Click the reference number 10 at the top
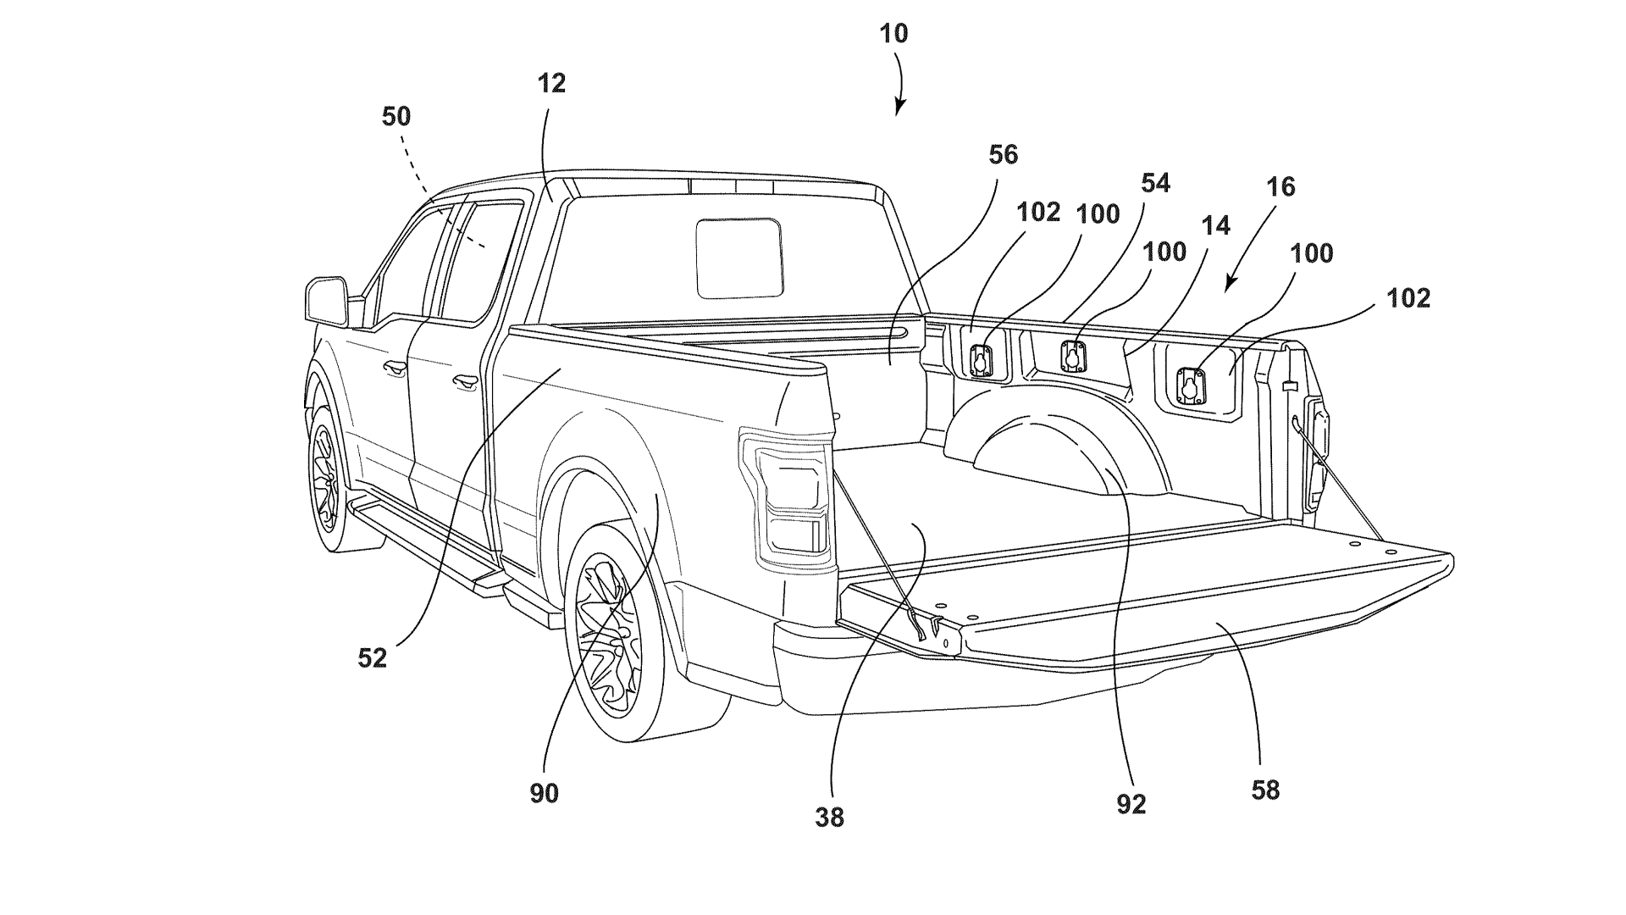pos(893,34)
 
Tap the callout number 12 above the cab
pos(550,83)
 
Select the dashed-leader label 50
pos(395,116)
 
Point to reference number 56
pos(1003,154)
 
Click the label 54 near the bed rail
pos(1155,183)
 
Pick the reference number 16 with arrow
pos(1280,186)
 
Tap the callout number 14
pos(1216,225)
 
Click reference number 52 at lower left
pos(372,657)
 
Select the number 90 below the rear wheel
pos(545,794)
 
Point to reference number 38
pos(830,817)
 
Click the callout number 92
pos(1131,804)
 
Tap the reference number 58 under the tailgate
pos(1265,790)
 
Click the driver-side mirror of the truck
pos(327,301)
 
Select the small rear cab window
pos(739,258)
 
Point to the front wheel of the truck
pos(325,479)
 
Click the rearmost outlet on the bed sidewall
pos(1190,385)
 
